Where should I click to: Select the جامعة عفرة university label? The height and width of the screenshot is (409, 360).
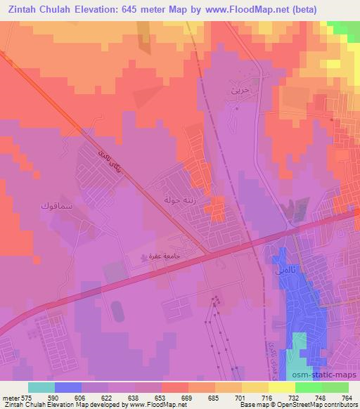tap(171, 258)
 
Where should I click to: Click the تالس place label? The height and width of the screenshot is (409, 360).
tap(279, 268)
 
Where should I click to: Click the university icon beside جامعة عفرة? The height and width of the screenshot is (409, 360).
tap(145, 259)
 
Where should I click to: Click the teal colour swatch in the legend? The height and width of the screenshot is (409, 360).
tap(41, 387)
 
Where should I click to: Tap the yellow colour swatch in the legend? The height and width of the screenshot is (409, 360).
tap(282, 387)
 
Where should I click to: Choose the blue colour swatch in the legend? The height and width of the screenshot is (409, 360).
tap(68, 387)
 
